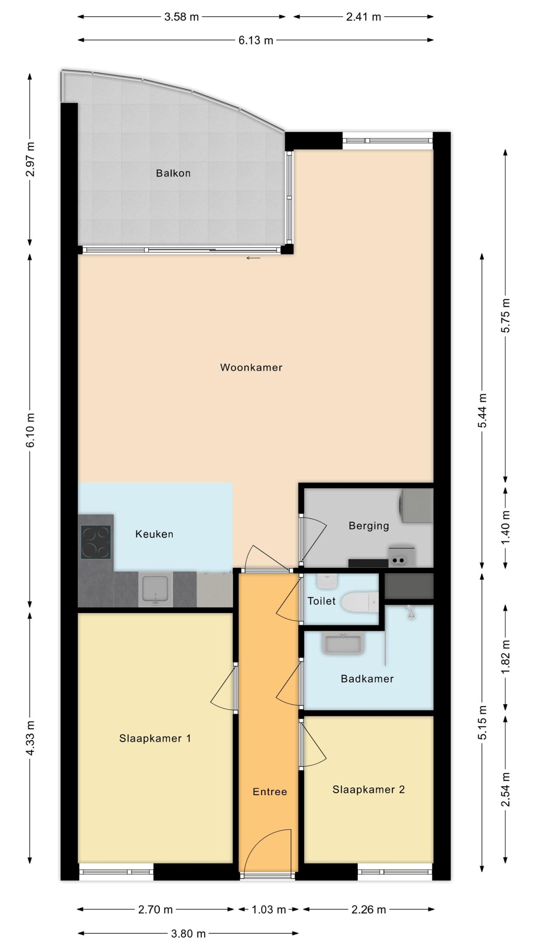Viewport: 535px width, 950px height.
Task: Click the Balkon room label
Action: point(173,173)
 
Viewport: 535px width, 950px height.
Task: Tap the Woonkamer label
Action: point(251,367)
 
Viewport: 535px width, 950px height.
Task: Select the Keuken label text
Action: point(154,534)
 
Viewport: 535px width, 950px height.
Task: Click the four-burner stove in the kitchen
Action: point(96,542)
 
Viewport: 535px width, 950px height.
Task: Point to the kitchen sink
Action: point(156,589)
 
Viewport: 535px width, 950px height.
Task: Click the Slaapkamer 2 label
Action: point(369,789)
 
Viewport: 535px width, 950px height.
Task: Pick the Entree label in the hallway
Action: point(270,792)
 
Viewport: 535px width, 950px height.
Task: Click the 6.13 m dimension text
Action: point(256,40)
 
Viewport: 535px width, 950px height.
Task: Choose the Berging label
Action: point(369,526)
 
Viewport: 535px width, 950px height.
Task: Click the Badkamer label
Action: point(367,679)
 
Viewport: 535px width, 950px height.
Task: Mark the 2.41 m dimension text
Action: point(363,17)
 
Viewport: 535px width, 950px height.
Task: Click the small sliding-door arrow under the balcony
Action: point(253,258)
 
